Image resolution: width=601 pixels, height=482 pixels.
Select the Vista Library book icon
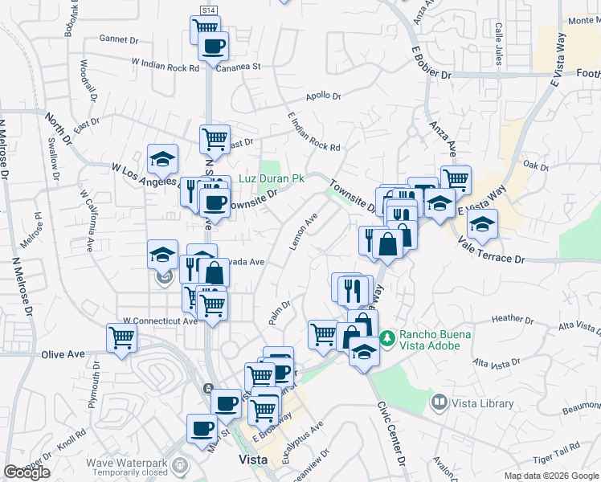pos(440,401)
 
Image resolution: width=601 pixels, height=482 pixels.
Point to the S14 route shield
pos(208,10)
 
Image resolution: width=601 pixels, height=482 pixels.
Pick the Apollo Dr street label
pos(324,96)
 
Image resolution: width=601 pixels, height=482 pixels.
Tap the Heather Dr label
pos(508,318)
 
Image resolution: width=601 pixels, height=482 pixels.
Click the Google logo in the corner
pos(27,472)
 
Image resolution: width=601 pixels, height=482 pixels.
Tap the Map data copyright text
pos(550,476)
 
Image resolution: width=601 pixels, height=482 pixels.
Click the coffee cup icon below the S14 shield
pos(213,47)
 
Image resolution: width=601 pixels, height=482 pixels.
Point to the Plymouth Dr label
pos(95,383)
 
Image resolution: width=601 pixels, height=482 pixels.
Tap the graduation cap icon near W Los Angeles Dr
pos(162,158)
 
